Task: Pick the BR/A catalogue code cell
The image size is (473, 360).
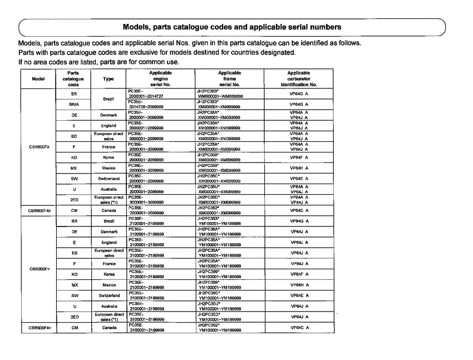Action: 73,103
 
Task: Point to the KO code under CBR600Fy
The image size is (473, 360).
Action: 73,274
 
